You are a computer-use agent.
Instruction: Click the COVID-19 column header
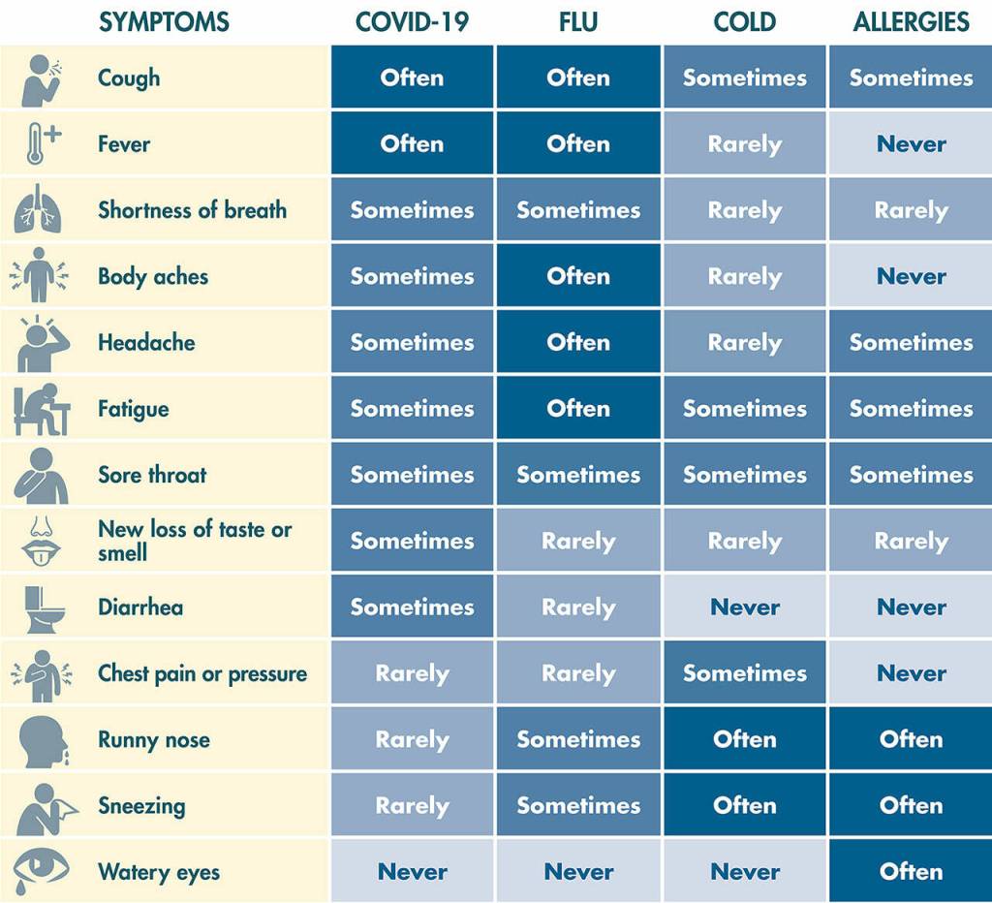pos(412,22)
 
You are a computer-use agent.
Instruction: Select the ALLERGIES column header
pos(911,22)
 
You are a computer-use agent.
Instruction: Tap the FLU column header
pos(578,22)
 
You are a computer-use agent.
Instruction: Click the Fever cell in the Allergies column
pos(911,143)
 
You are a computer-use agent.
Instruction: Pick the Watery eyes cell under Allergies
pos(911,871)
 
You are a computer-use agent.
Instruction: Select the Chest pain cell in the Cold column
pos(745,672)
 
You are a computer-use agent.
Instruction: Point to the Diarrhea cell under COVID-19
pos(412,607)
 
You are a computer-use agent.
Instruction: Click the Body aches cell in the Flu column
pos(578,276)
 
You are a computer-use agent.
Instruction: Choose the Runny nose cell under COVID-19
pos(412,739)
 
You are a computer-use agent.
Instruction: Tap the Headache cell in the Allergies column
pos(911,342)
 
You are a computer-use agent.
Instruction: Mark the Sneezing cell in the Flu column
pos(578,805)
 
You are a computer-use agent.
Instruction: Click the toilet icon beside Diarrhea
pos(45,608)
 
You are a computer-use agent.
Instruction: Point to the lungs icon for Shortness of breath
pos(39,209)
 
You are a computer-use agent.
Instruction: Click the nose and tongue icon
pos(41,541)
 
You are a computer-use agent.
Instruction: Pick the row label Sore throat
pos(152,475)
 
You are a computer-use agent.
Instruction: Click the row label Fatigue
pos(134,409)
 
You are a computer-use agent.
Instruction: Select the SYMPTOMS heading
pos(164,22)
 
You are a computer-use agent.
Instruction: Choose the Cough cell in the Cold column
pos(745,78)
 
